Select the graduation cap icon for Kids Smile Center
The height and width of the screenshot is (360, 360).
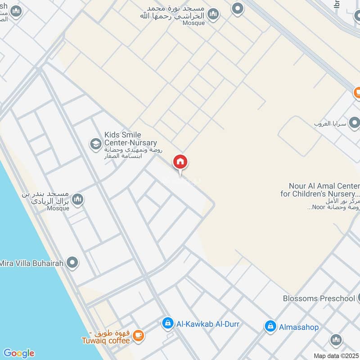coord(95,144)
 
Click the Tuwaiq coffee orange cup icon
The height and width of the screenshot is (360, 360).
coord(138,335)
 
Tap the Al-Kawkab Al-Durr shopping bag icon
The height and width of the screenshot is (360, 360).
coord(167,323)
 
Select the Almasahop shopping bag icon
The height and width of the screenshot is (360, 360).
coord(270,326)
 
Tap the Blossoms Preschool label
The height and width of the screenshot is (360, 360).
coord(319,298)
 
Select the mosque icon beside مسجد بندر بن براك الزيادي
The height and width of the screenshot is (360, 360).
coord(77,199)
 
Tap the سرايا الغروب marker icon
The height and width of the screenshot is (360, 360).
coord(354,122)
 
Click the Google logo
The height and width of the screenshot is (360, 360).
coord(18,353)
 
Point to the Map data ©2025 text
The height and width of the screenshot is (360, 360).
coord(336,355)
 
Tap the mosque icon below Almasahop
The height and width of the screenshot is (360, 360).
coord(336,340)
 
